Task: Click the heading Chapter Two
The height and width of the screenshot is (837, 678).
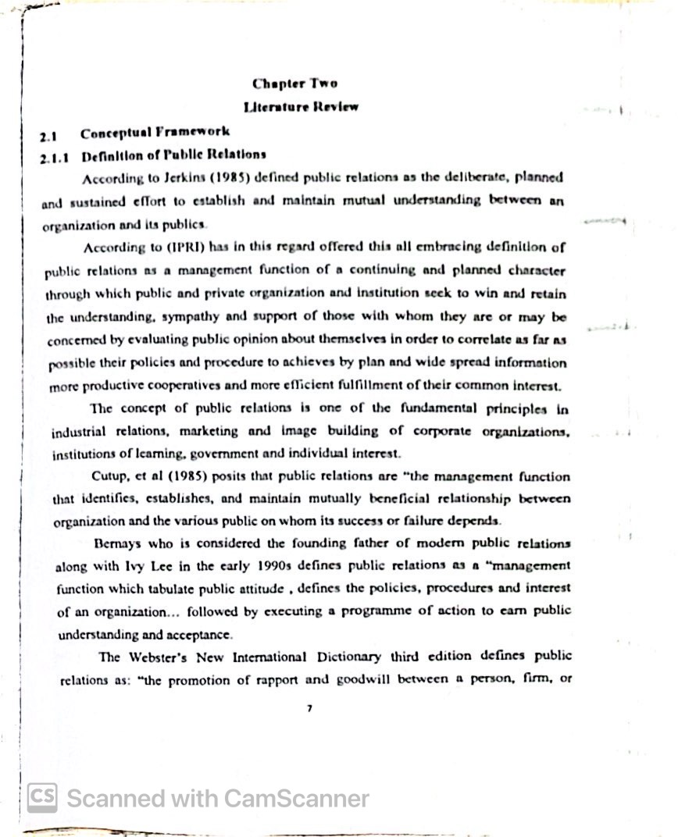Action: (294, 84)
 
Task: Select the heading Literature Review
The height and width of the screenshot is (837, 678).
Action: (301, 107)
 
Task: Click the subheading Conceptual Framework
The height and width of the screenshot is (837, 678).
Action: (155, 133)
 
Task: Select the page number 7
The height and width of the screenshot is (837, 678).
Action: (310, 708)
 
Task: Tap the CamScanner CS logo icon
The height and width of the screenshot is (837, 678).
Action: (43, 798)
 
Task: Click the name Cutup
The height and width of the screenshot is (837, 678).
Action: (110, 476)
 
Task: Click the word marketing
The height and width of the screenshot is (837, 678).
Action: (209, 431)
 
